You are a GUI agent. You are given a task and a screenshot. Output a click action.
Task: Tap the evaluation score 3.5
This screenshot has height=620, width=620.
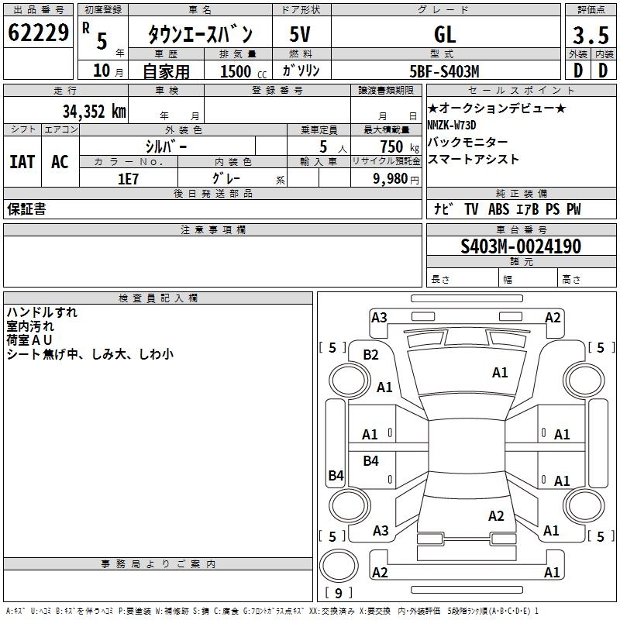click(x=589, y=35)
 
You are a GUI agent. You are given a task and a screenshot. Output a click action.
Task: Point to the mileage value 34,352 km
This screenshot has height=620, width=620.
click(x=94, y=111)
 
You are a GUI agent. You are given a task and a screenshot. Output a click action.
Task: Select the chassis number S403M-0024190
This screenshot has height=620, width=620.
click(x=521, y=247)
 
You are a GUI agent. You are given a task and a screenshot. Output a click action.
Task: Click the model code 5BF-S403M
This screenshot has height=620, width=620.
click(x=445, y=71)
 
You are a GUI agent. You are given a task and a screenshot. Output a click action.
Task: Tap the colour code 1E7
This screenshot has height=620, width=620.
click(x=128, y=177)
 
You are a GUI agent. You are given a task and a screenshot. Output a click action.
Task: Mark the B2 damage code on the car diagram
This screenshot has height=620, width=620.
click(x=371, y=355)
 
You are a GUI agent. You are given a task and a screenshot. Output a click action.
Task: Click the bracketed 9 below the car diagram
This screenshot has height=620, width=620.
click(x=339, y=594)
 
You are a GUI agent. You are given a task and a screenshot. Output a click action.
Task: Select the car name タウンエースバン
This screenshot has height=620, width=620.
click(x=200, y=34)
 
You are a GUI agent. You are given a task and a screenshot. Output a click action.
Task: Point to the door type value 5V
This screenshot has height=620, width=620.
click(x=301, y=34)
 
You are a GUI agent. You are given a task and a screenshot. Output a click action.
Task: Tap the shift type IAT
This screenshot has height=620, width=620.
click(x=22, y=162)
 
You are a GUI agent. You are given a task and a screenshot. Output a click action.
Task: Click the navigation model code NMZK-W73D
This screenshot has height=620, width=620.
click(x=452, y=125)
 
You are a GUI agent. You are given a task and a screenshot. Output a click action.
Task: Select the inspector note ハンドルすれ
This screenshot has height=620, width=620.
click(x=42, y=312)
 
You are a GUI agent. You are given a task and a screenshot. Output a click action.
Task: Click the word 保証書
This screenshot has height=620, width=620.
click(x=26, y=209)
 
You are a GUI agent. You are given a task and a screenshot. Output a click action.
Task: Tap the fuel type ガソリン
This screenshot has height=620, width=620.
click(x=301, y=71)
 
